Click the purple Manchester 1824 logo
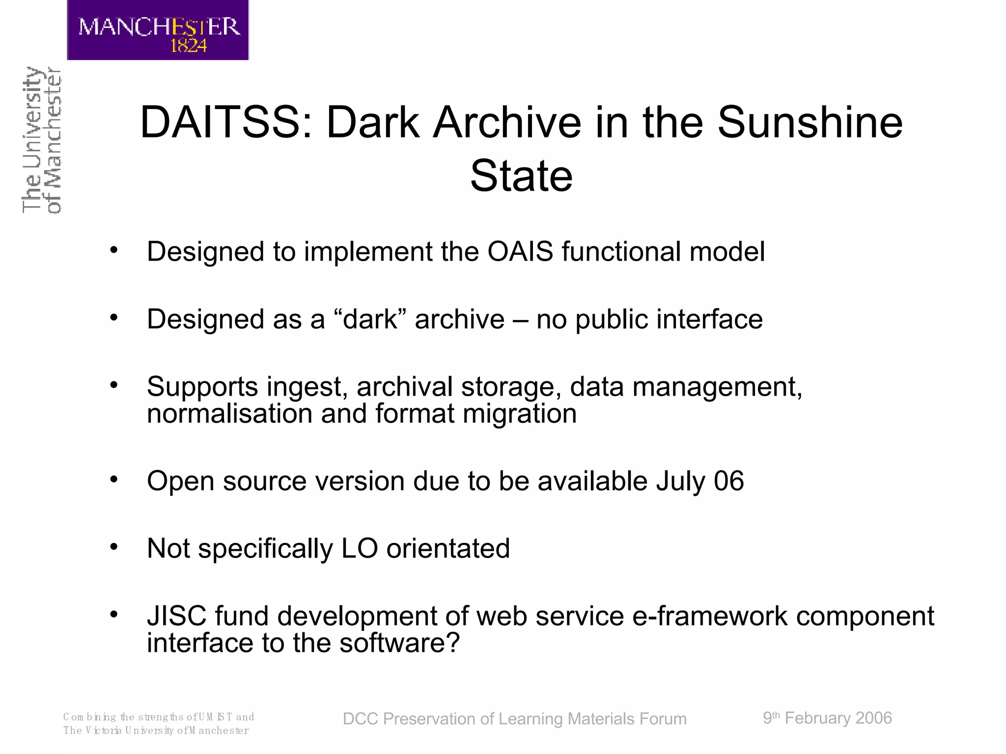click(x=158, y=29)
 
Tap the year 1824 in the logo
click(x=189, y=46)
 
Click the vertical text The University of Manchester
click(x=41, y=140)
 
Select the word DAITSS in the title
click(x=226, y=122)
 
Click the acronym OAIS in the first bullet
click(x=520, y=251)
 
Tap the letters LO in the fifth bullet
click(x=360, y=548)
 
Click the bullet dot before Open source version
click(x=114, y=479)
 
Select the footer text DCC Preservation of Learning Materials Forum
click(x=514, y=719)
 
